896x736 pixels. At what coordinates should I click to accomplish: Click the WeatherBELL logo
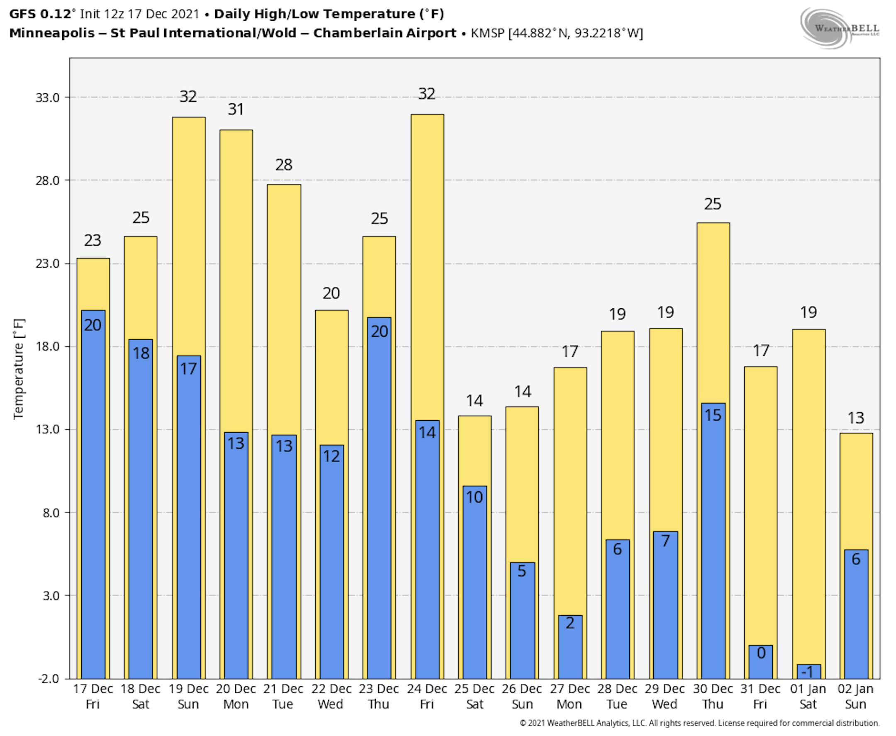[x=840, y=28]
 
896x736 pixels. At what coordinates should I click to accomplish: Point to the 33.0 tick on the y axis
[x=47, y=97]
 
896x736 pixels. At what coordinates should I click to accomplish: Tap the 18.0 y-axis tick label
[x=47, y=346]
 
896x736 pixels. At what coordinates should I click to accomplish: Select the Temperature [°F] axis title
[x=19, y=369]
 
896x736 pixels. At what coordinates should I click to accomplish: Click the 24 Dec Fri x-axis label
[x=427, y=696]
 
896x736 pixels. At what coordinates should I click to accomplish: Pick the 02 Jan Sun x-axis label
[x=855, y=696]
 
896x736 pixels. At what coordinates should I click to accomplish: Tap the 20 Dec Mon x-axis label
[x=236, y=696]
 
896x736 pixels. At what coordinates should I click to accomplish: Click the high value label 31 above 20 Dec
[x=236, y=110]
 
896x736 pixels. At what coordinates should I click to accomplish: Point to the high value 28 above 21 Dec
[x=284, y=164]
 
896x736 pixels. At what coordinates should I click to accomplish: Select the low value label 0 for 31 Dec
[x=761, y=653]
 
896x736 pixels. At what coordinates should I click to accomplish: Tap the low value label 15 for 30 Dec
[x=713, y=415]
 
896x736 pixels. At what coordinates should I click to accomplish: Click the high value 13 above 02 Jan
[x=856, y=418]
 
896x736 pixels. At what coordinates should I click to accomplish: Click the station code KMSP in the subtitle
[x=487, y=33]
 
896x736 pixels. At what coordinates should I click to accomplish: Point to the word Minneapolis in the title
[x=52, y=33]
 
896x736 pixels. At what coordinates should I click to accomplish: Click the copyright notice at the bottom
[x=699, y=723]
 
